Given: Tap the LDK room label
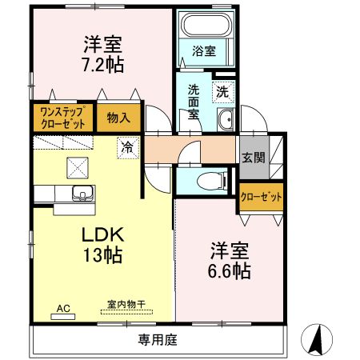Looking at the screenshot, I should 100,236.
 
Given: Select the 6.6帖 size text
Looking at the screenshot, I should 230,271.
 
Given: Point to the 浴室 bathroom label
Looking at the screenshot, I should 204,51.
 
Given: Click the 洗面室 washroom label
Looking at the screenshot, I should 194,102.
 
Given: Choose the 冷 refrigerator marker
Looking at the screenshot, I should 126,146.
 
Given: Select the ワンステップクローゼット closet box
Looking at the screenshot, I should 63,118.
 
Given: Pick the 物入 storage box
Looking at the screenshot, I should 118,118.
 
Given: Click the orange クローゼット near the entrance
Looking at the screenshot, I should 260,197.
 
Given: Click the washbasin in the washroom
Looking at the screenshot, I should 226,122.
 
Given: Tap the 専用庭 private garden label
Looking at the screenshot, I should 157,339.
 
